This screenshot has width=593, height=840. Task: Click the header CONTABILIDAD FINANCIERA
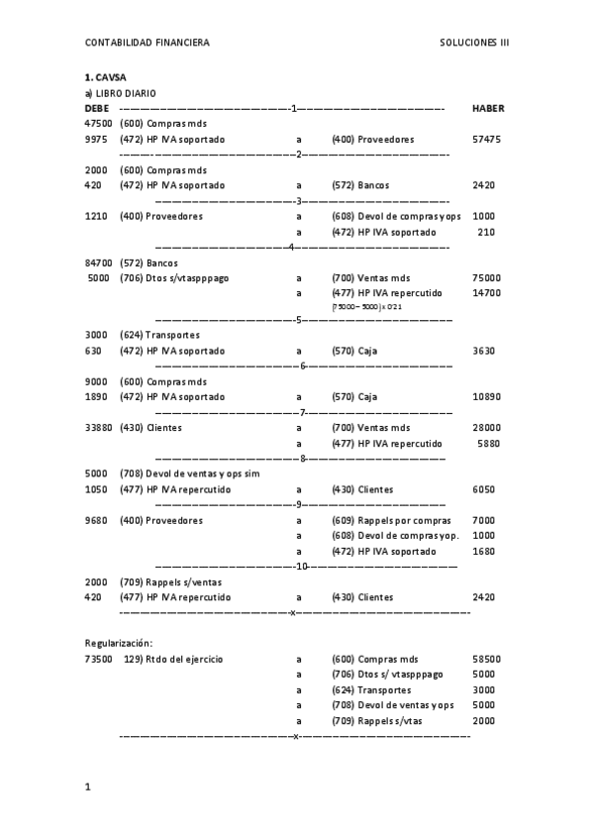coord(148,43)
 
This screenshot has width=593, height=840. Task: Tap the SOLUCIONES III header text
coord(474,43)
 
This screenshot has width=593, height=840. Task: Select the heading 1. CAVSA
coord(105,77)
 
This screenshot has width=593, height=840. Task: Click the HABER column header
coord(488,108)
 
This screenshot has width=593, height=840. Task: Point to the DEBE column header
coord(97,108)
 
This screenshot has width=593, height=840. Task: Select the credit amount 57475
coord(486,140)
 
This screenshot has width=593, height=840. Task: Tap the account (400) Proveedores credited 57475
coord(373,140)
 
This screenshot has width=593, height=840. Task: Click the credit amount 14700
coord(486,293)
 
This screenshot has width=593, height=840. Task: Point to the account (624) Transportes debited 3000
coord(159,335)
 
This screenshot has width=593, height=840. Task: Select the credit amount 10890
coord(486,396)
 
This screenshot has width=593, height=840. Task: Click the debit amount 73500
coord(98,659)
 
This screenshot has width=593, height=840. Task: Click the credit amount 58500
coord(486,659)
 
